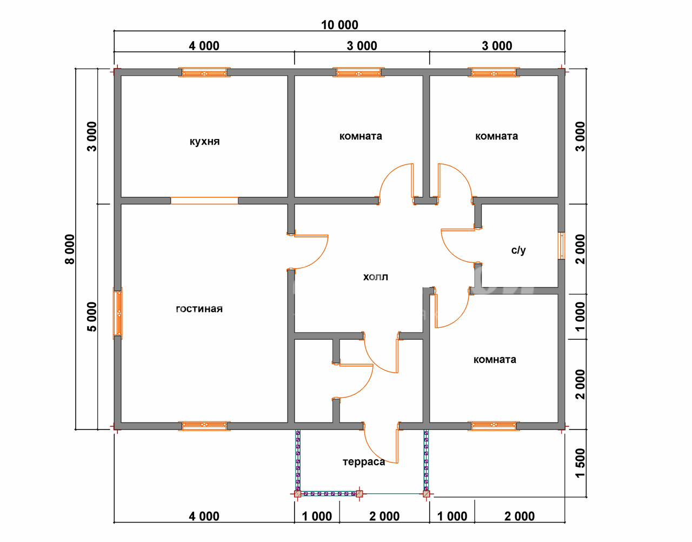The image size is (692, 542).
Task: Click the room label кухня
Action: coord(204,142)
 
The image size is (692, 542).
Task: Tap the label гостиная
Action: coord(199,309)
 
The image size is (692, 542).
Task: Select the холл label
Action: coord(375,277)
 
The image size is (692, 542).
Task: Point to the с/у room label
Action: coord(518,250)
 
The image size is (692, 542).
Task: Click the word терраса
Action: coord(364,462)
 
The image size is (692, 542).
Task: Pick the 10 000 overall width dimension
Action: coord(340,25)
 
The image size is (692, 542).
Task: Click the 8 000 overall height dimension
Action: coord(70,249)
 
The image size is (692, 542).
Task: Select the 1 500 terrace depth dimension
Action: coord(580,463)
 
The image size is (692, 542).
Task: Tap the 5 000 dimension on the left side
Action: coord(92,317)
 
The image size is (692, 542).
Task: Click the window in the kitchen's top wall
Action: coord(204,72)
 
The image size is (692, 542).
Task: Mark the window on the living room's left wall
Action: coord(118,313)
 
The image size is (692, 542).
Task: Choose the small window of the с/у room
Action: coord(562,246)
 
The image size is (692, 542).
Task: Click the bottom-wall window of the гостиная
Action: coord(204,426)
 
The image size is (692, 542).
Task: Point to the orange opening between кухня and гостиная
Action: coord(204,201)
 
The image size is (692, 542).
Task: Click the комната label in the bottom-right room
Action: coord(495,360)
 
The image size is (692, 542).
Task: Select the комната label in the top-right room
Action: coord(496,136)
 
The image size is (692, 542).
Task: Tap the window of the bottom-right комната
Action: coord(494,426)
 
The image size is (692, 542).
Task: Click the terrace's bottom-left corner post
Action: coord(297,494)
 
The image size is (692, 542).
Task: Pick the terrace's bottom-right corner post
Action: coord(427,494)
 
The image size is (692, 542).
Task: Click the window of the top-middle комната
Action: coord(358,72)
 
